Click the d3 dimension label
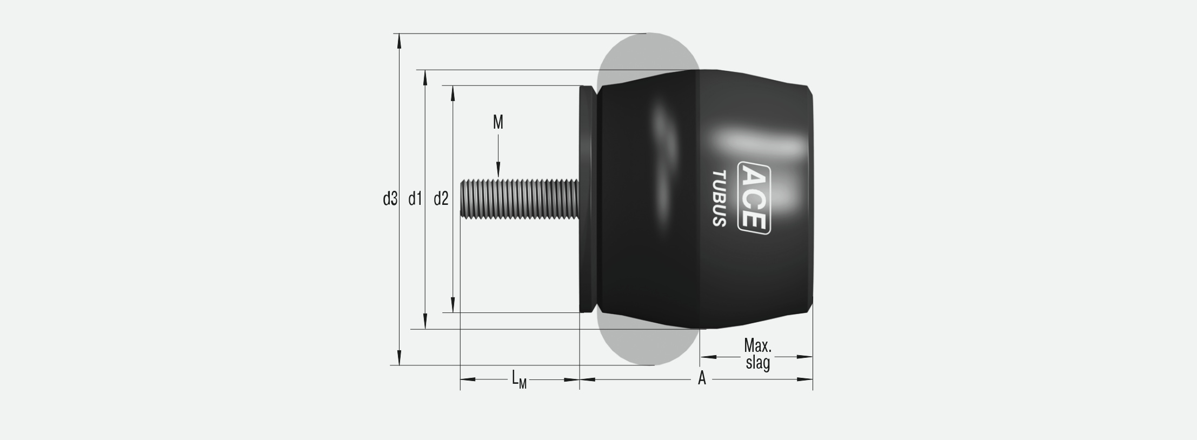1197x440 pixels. click(x=390, y=199)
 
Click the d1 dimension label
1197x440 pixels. click(x=415, y=199)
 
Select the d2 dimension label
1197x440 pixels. click(x=441, y=199)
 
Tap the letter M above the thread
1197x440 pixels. click(x=498, y=123)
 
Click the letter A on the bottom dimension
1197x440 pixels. click(x=702, y=378)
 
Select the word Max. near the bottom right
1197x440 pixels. click(x=757, y=345)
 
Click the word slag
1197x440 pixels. click(x=757, y=362)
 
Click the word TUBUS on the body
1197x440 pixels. click(x=719, y=198)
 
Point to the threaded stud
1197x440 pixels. click(x=519, y=199)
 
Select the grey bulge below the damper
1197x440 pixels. click(x=648, y=346)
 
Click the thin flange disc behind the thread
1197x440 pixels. click(x=586, y=199)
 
